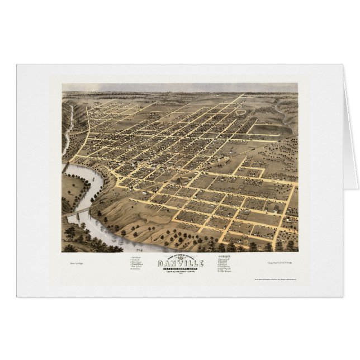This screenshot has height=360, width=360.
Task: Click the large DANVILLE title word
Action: click(x=181, y=263)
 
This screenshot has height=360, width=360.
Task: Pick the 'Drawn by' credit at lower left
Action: click(x=77, y=261)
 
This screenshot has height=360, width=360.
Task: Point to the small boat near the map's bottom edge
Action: click(x=138, y=244)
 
